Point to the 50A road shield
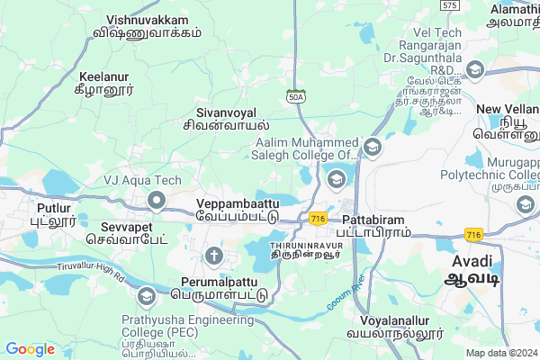[296, 96]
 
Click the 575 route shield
[450, 5]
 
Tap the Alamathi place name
[514, 15]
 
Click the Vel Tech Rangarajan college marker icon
[474, 69]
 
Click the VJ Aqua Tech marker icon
[157, 199]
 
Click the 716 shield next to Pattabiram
[317, 219]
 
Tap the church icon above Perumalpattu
[213, 256]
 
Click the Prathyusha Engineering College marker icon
[146, 296]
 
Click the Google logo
[31, 349]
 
